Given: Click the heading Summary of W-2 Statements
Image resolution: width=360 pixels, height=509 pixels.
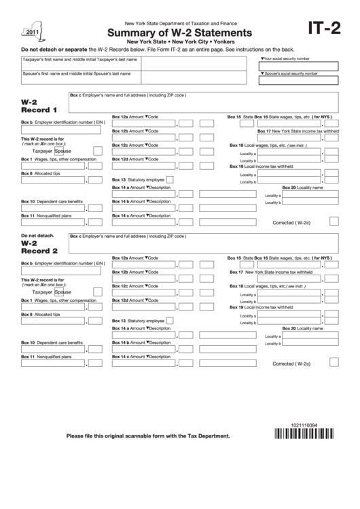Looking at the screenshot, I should (x=177, y=32).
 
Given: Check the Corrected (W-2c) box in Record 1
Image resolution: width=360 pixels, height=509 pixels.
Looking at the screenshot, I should (x=334, y=221).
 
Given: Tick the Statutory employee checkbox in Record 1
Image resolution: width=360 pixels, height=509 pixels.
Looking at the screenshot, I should (x=169, y=179).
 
